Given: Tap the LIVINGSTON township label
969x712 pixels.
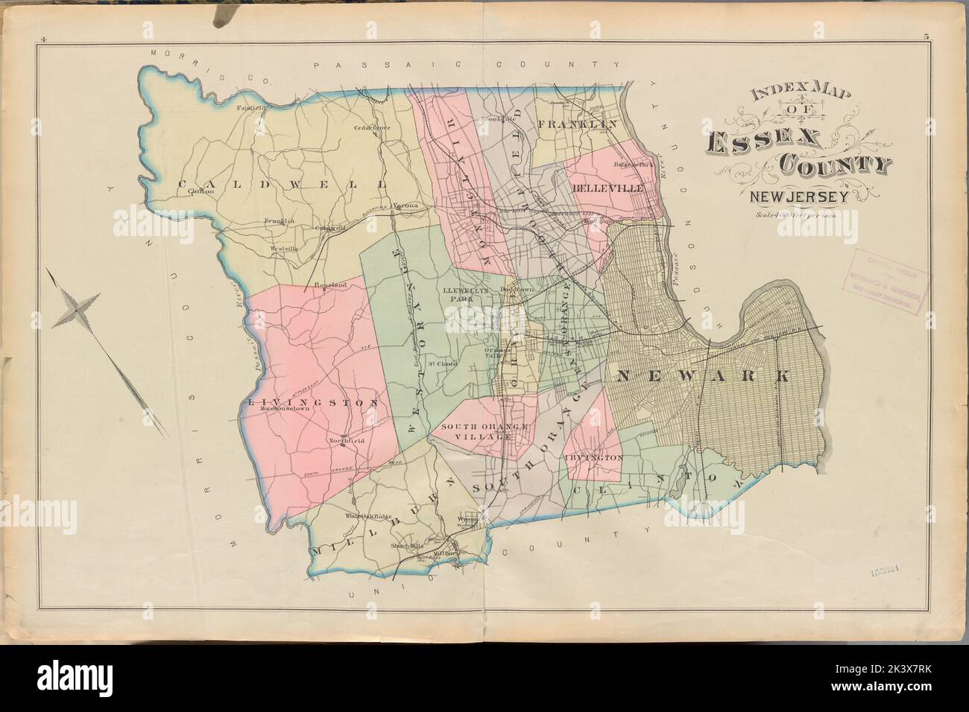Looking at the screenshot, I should tap(313, 402).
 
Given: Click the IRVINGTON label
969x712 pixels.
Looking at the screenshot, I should tap(594, 459).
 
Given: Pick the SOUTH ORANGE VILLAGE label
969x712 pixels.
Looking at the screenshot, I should tap(475, 432).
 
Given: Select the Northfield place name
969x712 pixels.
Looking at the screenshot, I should tap(347, 442).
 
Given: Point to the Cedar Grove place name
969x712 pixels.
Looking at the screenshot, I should tap(372, 127).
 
